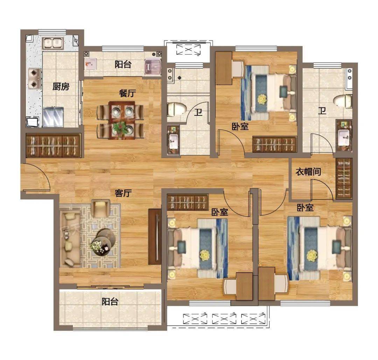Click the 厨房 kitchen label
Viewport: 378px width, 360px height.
(61, 86)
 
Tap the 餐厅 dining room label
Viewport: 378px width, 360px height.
(127, 93)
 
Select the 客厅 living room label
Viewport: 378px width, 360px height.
(123, 193)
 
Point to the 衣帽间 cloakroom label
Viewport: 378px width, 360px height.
(308, 171)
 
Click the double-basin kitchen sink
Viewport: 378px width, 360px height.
(53, 43)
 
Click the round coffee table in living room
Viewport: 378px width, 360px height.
(104, 242)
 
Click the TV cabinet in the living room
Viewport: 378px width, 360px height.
(155, 237)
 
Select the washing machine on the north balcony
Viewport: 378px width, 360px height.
(153, 67)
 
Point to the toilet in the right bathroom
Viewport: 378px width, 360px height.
(343, 101)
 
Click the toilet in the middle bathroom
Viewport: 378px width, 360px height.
(177, 109)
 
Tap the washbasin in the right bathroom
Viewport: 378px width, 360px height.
(344, 136)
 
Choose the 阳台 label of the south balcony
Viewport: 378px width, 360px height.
(110, 301)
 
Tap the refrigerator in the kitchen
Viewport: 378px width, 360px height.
(53, 117)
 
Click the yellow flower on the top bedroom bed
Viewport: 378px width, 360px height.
(262, 99)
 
